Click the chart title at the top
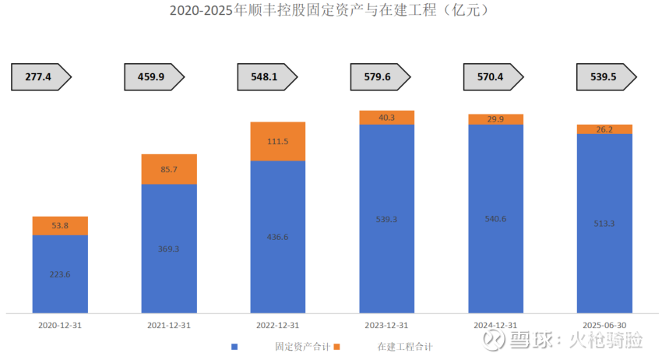[330, 11]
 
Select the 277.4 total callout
[40, 76]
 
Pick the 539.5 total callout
[606, 76]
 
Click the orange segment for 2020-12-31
[60, 226]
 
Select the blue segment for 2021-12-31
[169, 249]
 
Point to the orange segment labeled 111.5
[277, 141]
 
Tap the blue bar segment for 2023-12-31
[386, 219]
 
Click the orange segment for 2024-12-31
[495, 119]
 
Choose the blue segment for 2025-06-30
[604, 223]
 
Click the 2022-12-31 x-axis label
[277, 324]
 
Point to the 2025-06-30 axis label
[604, 324]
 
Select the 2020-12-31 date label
[60, 324]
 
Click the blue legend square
[234, 346]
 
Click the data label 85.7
[169, 169]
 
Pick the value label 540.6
[495, 218]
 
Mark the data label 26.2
[604, 129]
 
